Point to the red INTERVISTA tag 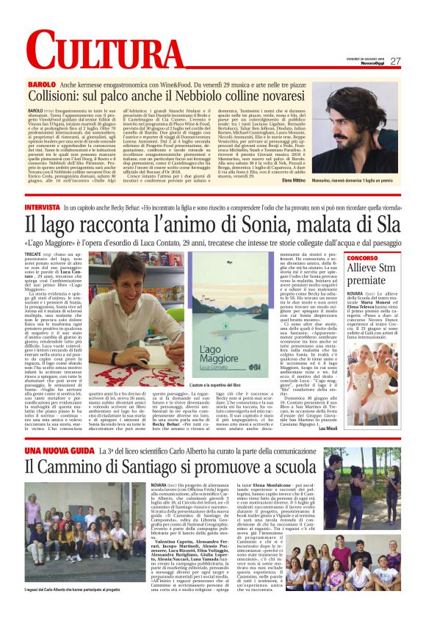64,210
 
